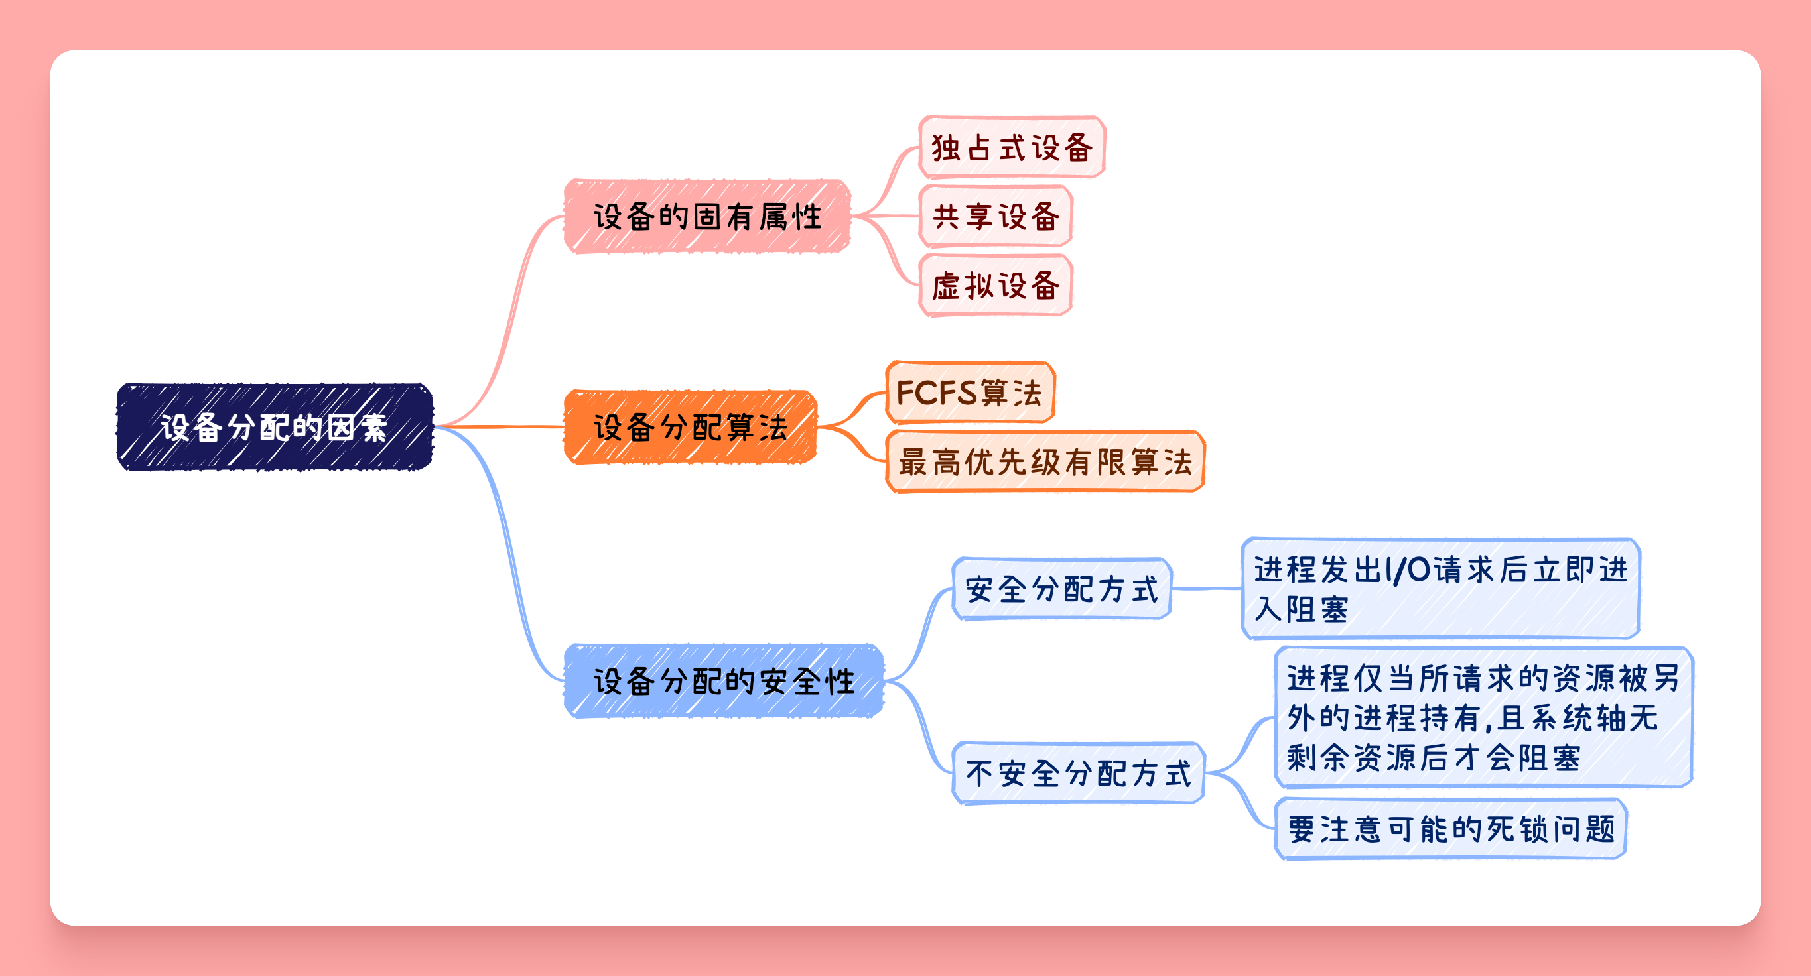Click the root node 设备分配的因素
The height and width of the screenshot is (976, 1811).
275,426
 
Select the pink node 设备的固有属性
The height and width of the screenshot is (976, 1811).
707,216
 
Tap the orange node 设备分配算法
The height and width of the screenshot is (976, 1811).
691,426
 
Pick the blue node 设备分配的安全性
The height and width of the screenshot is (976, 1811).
724,681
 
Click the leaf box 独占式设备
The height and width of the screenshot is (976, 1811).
1012,147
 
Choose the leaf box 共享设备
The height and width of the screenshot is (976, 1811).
996,215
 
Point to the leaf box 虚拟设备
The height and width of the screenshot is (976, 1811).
996,285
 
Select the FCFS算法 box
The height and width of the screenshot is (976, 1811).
970,392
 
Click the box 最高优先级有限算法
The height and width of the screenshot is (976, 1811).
1045,461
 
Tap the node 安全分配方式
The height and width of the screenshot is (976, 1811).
1061,589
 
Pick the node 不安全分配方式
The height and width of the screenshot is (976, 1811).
1079,773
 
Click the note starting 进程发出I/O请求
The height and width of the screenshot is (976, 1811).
1440,589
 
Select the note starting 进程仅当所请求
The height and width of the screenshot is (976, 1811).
1483,717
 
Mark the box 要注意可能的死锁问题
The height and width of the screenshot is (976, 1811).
1451,828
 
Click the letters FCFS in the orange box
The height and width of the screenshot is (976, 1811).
938,392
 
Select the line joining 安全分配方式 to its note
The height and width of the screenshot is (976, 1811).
1207,589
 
